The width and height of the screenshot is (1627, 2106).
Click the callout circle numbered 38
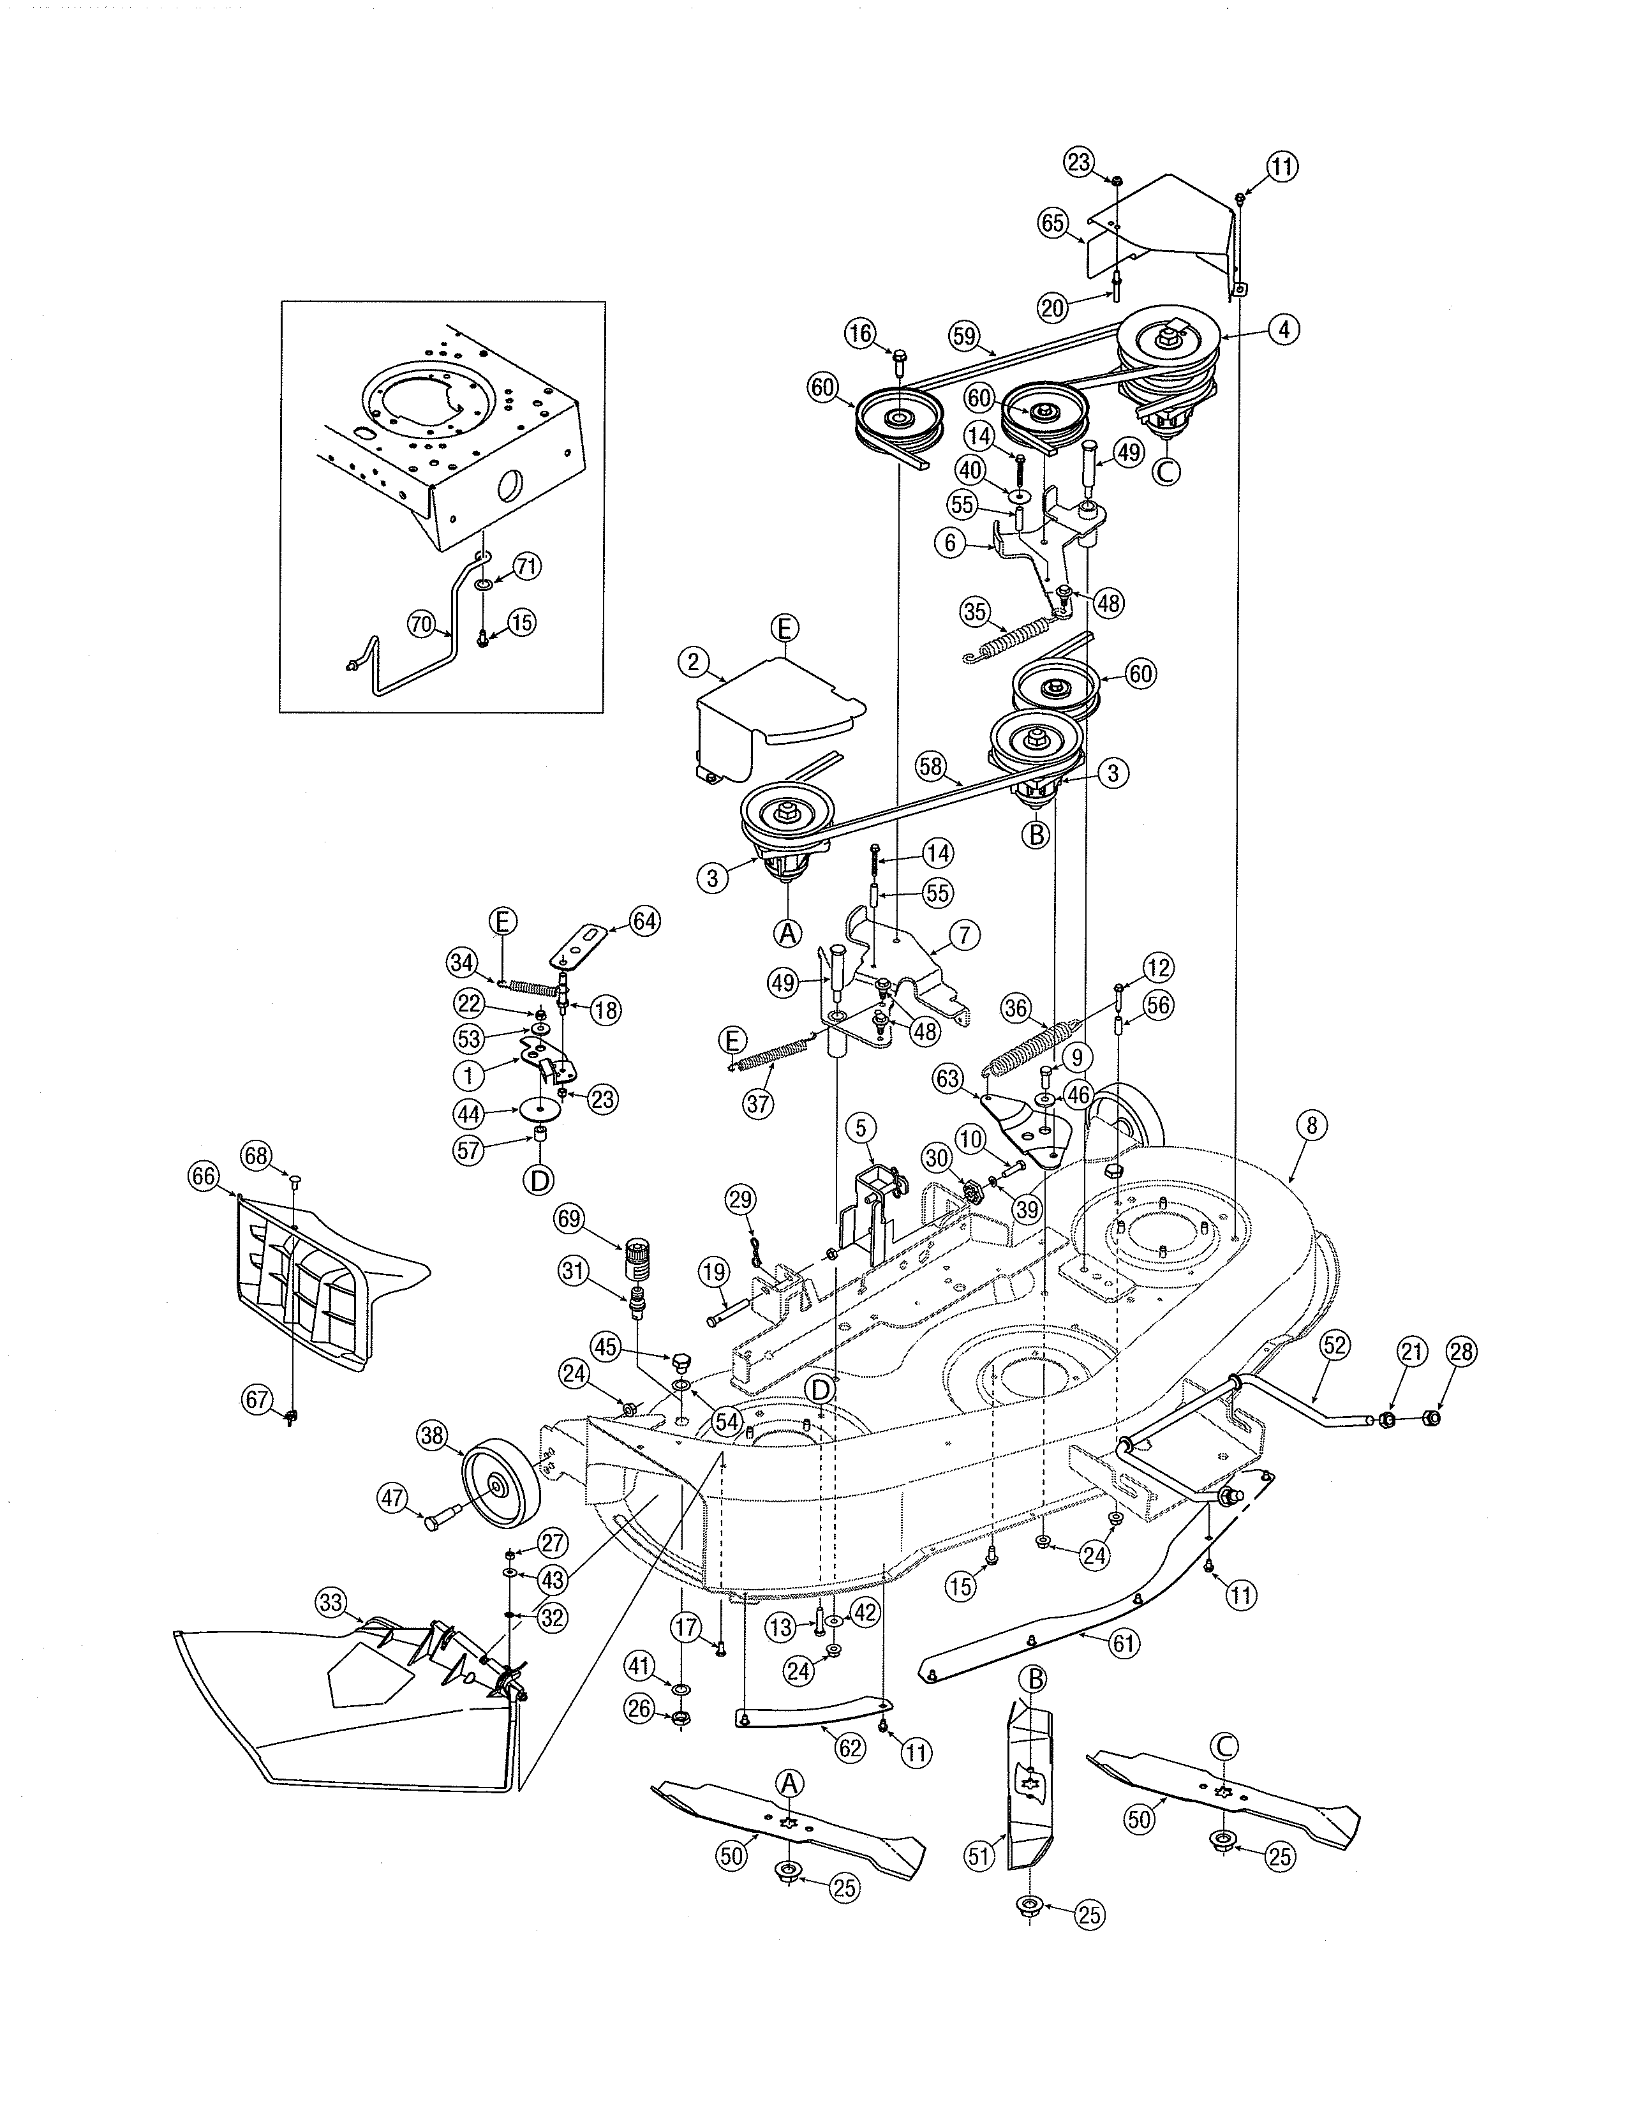tap(432, 1463)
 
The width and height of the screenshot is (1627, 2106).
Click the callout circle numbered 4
tap(1283, 330)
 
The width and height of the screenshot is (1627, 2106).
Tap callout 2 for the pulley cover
tap(693, 662)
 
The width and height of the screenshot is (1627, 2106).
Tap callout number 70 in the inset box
tap(421, 624)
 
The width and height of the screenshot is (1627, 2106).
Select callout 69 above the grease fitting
tap(570, 1219)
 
